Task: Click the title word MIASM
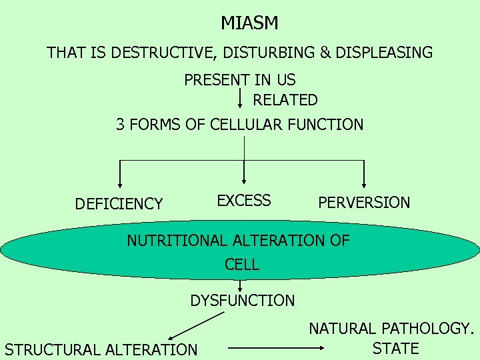249,23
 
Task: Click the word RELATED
285,100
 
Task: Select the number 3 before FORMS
121,125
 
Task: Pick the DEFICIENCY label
119,204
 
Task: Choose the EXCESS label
244,201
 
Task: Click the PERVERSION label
364,203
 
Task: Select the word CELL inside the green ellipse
242,264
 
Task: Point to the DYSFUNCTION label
242,301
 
